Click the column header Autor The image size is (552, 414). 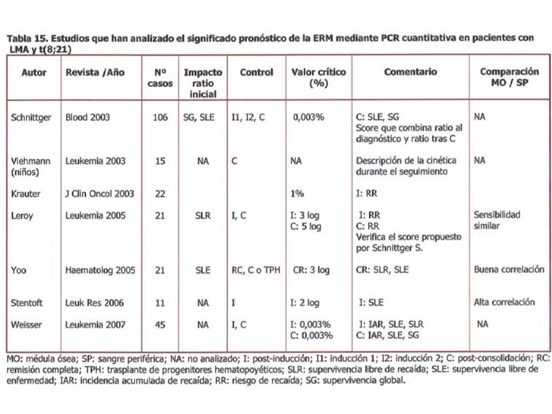click(x=34, y=73)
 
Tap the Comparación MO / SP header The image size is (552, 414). click(x=509, y=77)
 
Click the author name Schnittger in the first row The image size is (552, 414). click(x=31, y=117)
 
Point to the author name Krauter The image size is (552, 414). click(x=25, y=194)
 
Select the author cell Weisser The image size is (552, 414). click(x=26, y=324)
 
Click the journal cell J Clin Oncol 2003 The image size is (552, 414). click(x=99, y=194)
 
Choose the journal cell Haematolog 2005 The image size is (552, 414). click(x=100, y=270)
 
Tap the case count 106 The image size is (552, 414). click(x=160, y=117)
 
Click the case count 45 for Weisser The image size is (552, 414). click(x=160, y=325)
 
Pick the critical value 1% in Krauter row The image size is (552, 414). click(x=297, y=194)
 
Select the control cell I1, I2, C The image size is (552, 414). click(x=248, y=117)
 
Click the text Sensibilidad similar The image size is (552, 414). click(x=497, y=220)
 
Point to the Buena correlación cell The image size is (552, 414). click(x=509, y=270)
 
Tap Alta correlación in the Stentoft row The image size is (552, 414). click(x=504, y=302)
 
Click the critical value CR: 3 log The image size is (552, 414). click(x=312, y=270)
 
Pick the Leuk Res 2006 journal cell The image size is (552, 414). click(x=94, y=302)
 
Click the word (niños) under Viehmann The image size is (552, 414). click(x=25, y=171)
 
